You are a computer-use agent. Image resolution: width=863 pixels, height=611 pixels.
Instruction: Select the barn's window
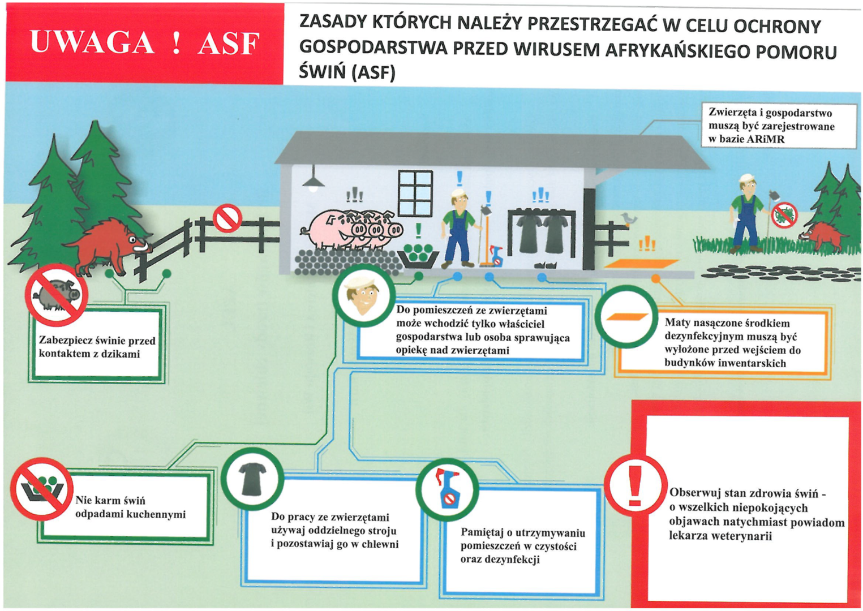pos(415,193)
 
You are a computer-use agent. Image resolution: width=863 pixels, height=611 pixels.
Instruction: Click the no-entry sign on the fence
pos(227,218)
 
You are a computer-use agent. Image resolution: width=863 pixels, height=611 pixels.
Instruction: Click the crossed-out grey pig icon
pos(56,294)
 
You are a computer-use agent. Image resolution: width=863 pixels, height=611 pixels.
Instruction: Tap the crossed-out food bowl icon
pos(41,488)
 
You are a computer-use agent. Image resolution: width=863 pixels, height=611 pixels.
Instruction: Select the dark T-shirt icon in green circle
pos(252,479)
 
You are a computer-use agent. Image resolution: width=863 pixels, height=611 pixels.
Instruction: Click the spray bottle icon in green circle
pos(448,488)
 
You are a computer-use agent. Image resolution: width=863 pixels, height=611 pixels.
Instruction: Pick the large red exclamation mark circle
pos(635,485)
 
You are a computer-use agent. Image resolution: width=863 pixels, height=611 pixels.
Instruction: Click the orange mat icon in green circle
pos(626,317)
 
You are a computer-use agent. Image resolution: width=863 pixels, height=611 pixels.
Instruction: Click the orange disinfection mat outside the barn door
pos(641,264)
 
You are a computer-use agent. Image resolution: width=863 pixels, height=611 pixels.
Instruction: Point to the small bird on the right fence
pos(629,219)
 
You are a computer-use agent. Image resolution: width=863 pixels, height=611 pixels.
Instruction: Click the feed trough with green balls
pos(419,255)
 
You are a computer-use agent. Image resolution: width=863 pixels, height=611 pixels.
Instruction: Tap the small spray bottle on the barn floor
pos(496,256)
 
